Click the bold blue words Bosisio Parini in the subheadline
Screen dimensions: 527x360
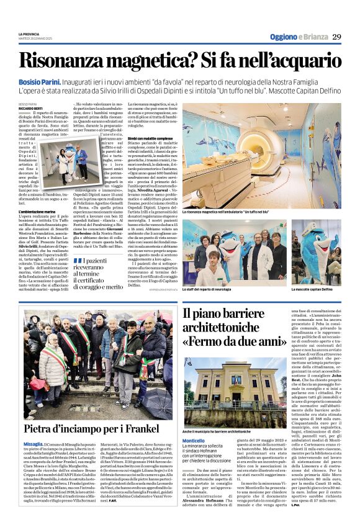pyautogui.click(x=38, y=81)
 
